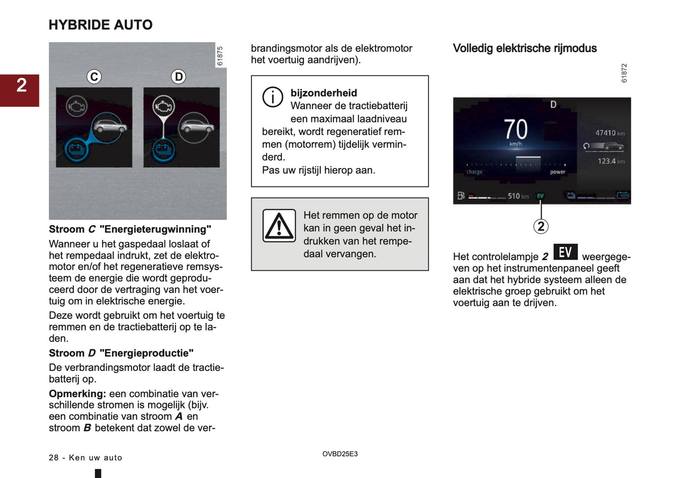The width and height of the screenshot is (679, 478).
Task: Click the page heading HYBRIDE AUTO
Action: pos(101,25)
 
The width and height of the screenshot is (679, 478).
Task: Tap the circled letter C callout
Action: pos(94,77)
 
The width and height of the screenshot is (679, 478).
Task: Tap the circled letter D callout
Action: pos(179,77)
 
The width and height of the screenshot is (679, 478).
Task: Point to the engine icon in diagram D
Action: pos(163,107)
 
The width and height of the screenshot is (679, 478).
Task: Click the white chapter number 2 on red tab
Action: pos(21,85)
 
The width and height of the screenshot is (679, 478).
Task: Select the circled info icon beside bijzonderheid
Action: pos(273,97)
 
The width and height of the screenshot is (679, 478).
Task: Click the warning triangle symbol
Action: pos(279,226)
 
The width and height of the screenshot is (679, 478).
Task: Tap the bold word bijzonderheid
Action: pos(324,93)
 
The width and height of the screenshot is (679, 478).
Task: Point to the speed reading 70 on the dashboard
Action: pos(515,129)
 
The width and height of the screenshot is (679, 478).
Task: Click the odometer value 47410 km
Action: pos(609,133)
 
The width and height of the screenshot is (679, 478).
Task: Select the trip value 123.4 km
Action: pos(610,161)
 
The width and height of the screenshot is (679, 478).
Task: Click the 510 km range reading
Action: pos(517,196)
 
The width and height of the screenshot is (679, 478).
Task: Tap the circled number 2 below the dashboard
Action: pos(541,226)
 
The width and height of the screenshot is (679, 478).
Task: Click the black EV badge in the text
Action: pos(565,252)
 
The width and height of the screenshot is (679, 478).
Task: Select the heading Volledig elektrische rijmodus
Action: pos(524,48)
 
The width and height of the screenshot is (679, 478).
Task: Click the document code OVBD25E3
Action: pos(340,454)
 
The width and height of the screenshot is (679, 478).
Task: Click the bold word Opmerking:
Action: pos(77,393)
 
